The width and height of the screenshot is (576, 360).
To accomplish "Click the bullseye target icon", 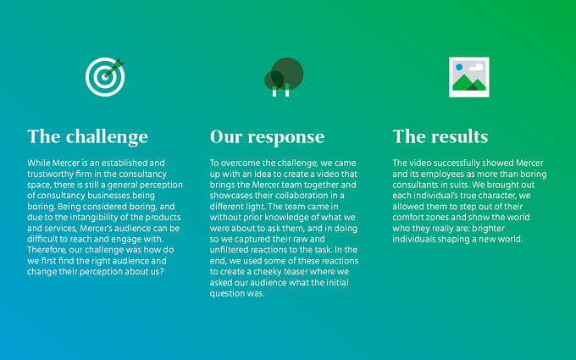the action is point(105,77).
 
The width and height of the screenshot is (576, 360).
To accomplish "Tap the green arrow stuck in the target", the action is point(114,68).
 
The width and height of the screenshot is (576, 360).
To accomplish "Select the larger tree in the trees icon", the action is point(287,74).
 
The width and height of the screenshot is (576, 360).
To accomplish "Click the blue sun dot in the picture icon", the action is point(459,67).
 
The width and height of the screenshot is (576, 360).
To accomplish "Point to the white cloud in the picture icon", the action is point(476,67).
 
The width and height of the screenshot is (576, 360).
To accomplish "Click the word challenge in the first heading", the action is point(107,137).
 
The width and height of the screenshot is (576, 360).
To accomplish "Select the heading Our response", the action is point(267,137).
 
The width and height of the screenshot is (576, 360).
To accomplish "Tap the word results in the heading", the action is point(460,136).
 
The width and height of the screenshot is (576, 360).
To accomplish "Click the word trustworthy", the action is point(49,174).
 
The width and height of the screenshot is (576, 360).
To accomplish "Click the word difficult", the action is point(42,239).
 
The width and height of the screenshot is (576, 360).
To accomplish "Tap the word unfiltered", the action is point(229,250).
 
